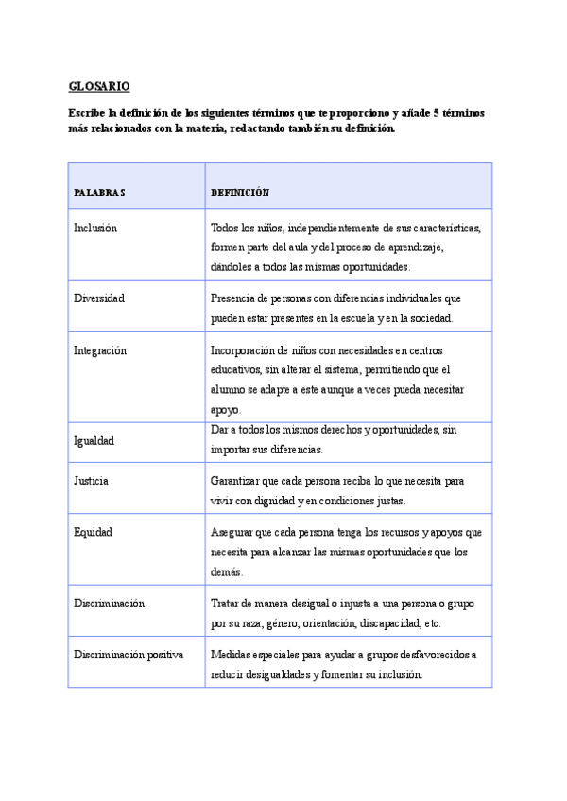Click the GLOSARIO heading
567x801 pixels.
pos(98,86)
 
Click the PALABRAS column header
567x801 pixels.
pos(99,193)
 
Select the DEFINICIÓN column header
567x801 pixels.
pos(240,193)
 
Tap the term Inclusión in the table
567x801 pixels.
pos(95,228)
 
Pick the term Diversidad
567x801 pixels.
pos(99,298)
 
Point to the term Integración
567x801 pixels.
pos(100,350)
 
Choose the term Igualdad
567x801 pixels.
pos(94,440)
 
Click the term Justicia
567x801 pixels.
pos(92,481)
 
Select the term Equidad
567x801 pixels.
pos(93,532)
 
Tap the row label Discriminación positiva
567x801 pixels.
pos(129,655)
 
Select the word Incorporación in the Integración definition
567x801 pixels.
pos(244,350)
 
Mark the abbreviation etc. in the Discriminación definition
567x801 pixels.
pos(431,623)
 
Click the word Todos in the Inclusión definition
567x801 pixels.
pos(225,228)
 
